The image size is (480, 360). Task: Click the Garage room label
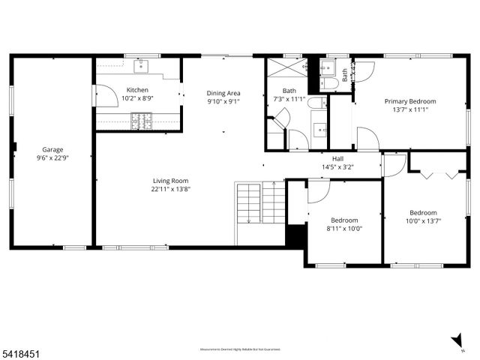(x=52, y=150)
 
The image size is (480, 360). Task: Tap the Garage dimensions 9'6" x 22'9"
(x=52, y=158)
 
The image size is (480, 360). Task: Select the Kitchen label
(x=137, y=90)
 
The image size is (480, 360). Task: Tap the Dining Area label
(x=223, y=93)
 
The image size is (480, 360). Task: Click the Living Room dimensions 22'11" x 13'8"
(x=171, y=189)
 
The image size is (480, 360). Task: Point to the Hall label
(x=337, y=158)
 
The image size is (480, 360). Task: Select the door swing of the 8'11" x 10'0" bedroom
(x=318, y=191)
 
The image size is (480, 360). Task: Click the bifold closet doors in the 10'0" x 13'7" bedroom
(x=437, y=173)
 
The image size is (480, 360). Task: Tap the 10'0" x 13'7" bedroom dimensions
(x=423, y=220)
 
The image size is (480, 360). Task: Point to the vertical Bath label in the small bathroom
(x=345, y=75)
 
